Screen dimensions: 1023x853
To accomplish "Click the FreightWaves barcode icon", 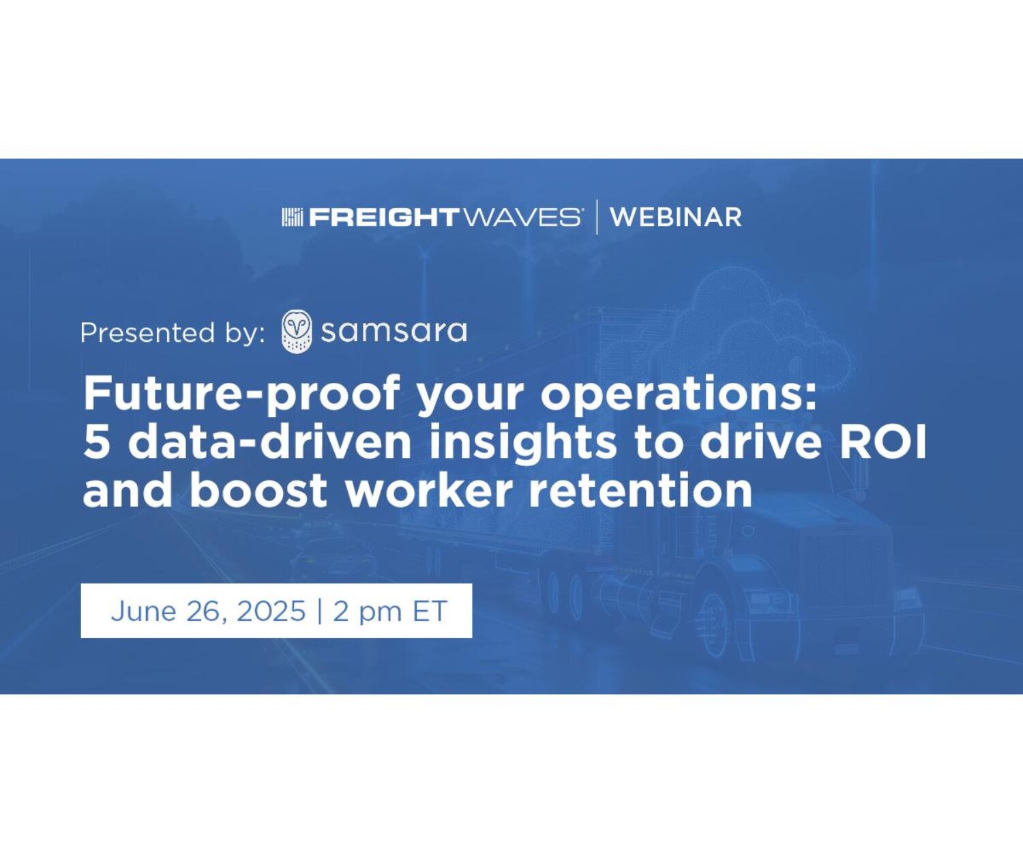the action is click(x=293, y=217).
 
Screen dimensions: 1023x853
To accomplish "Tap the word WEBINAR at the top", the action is click(x=676, y=217).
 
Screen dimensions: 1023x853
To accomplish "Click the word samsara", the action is click(x=394, y=332).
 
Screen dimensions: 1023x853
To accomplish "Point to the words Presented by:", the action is click(x=173, y=333).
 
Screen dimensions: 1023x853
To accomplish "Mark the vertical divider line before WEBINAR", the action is click(x=596, y=217).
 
